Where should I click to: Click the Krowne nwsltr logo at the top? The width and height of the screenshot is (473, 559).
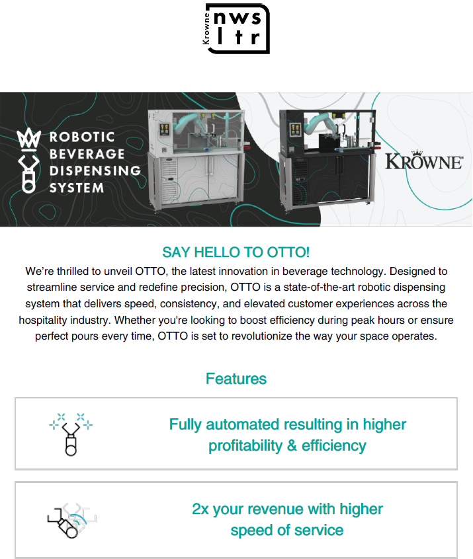point(236,28)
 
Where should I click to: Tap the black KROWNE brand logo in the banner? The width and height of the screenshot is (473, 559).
point(424,161)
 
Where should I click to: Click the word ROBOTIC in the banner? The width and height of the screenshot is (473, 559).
point(82,137)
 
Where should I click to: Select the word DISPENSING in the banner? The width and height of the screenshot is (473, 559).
point(95,170)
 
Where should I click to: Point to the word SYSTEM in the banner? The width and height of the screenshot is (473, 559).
point(77,188)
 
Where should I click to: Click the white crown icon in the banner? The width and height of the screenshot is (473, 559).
point(28,138)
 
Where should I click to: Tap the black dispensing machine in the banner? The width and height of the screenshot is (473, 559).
point(327,159)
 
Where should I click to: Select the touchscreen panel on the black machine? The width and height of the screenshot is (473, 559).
point(295,130)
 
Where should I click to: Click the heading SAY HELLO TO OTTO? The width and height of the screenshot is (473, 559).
point(236,252)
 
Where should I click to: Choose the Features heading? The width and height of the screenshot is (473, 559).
point(236,379)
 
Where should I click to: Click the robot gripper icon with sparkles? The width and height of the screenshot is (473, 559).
point(71,434)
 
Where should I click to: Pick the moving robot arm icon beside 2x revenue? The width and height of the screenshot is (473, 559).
point(71,521)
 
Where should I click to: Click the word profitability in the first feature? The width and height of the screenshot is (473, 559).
point(245,446)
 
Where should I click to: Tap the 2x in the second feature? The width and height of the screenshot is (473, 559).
point(200,509)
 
